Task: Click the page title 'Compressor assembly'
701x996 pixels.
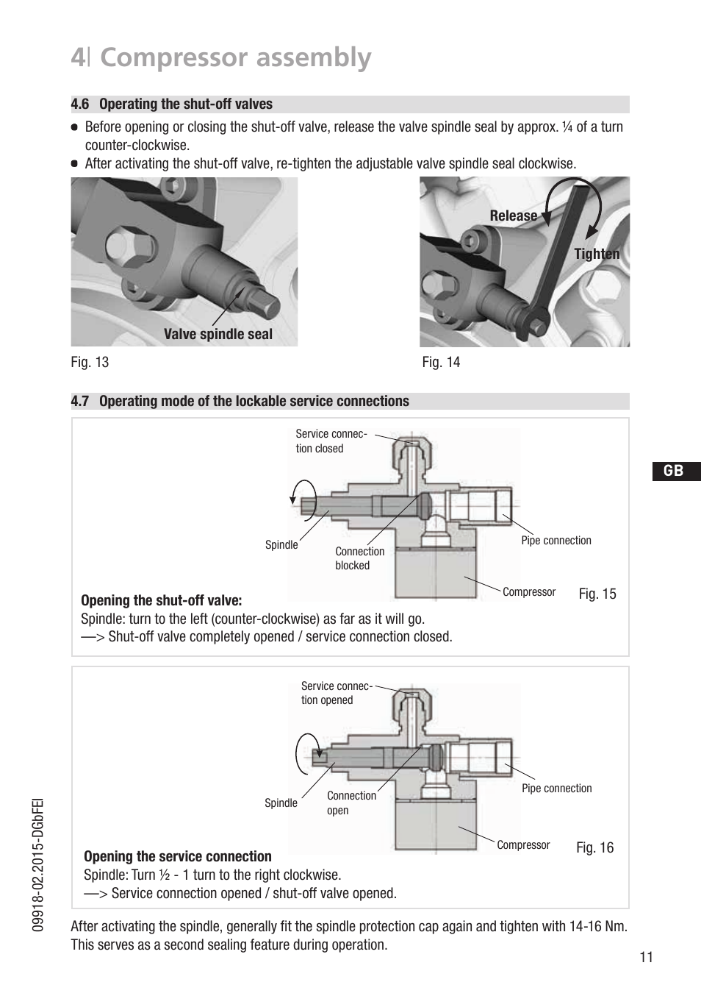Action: pos(235,57)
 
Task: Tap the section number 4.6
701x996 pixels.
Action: pos(80,104)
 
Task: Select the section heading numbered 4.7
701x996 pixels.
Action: pos(240,402)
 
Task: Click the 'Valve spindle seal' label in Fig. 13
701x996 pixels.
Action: pos(218,335)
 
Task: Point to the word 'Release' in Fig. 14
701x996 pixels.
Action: pos(513,216)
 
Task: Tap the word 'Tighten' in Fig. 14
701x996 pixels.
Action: pos(597,255)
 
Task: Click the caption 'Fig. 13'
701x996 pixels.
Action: pos(90,363)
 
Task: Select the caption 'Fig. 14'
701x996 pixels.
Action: pos(441,363)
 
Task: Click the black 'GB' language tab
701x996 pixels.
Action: pos(674,472)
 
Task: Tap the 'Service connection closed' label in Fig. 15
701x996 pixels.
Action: pos(331,441)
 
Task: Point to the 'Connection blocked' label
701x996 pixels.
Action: pos(359,558)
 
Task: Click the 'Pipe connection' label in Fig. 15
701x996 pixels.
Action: pos(556,541)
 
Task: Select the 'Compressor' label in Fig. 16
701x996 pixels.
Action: pos(523,845)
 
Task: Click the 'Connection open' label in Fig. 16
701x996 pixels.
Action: pos(351,803)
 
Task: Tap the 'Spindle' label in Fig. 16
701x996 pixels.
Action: pos(281,803)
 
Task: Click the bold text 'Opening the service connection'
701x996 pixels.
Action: pos(178,857)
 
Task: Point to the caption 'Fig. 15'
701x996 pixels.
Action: pos(597,594)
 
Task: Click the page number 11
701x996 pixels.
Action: pos(646,957)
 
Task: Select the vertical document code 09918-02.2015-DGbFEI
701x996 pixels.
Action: pos(38,865)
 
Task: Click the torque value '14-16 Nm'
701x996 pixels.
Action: pos(597,927)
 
